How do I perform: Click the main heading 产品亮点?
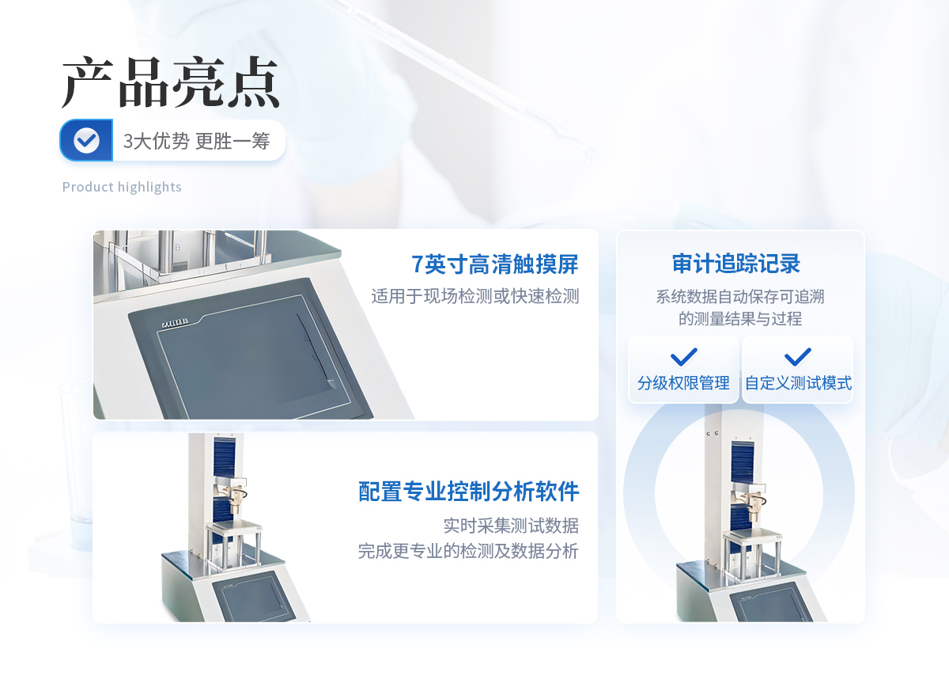coord(170,82)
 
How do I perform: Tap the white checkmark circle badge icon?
coord(86,140)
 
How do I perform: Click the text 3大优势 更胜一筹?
coord(197,141)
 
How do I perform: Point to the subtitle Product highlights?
coord(122,187)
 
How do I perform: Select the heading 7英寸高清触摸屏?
coord(495,264)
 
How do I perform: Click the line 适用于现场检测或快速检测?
coord(475,296)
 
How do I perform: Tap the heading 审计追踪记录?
coord(736,264)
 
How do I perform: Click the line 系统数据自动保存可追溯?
coord(740,296)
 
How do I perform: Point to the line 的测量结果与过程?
coord(740,318)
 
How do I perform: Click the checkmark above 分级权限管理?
coord(684,357)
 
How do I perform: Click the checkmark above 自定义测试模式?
coord(798,357)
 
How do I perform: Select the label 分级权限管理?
coord(683,383)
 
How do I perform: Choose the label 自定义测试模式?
coord(798,383)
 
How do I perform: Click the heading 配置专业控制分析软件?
coord(468,492)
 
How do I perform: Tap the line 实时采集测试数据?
coord(511,526)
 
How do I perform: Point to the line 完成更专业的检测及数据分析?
coord(468,551)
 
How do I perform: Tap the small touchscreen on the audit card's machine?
coord(768,603)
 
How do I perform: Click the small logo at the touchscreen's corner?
coord(176,323)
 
